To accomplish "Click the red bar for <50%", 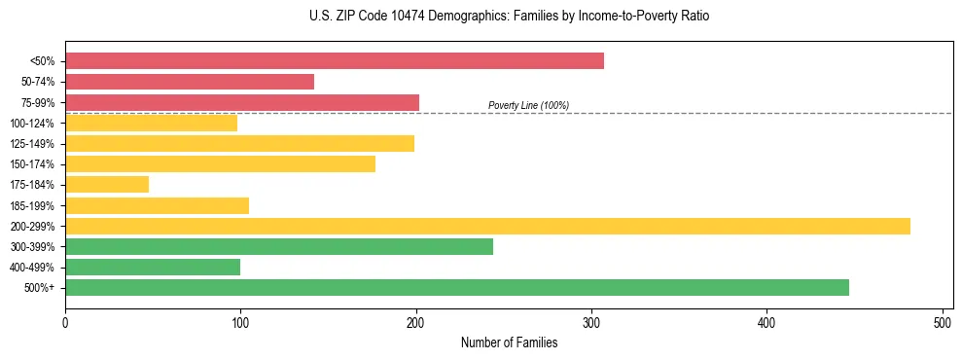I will [x=334, y=61].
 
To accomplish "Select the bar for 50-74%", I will [x=190, y=82].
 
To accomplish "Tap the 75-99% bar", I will [x=242, y=102].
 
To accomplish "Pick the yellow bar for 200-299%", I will [x=487, y=226].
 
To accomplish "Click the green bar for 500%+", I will [x=456, y=287].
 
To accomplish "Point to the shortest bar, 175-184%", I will [x=107, y=185].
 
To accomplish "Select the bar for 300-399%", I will [x=279, y=246].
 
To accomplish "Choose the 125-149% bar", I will [x=239, y=144].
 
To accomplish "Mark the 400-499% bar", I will [x=153, y=267].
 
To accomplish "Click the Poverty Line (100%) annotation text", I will [x=528, y=105].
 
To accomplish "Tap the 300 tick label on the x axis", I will [x=591, y=322].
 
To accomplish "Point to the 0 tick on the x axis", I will [x=65, y=322].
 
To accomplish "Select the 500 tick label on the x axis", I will [x=943, y=322].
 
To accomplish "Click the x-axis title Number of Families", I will [x=509, y=342].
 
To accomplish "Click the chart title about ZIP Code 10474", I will [x=509, y=17].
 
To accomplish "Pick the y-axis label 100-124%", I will [x=32, y=124].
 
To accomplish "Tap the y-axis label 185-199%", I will [x=32, y=205].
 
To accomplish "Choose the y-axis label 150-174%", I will [x=32, y=164].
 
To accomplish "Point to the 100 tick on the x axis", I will [x=240, y=322].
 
